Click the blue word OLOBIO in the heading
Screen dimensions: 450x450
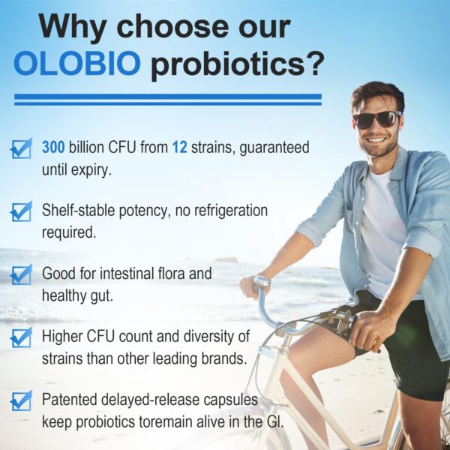(x=76, y=64)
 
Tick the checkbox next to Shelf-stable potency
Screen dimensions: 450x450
(x=21, y=211)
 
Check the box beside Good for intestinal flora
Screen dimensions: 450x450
(x=21, y=274)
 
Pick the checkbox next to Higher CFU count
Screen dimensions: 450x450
(x=21, y=337)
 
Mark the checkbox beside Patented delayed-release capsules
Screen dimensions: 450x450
(x=21, y=400)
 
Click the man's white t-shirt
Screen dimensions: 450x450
(x=382, y=225)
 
